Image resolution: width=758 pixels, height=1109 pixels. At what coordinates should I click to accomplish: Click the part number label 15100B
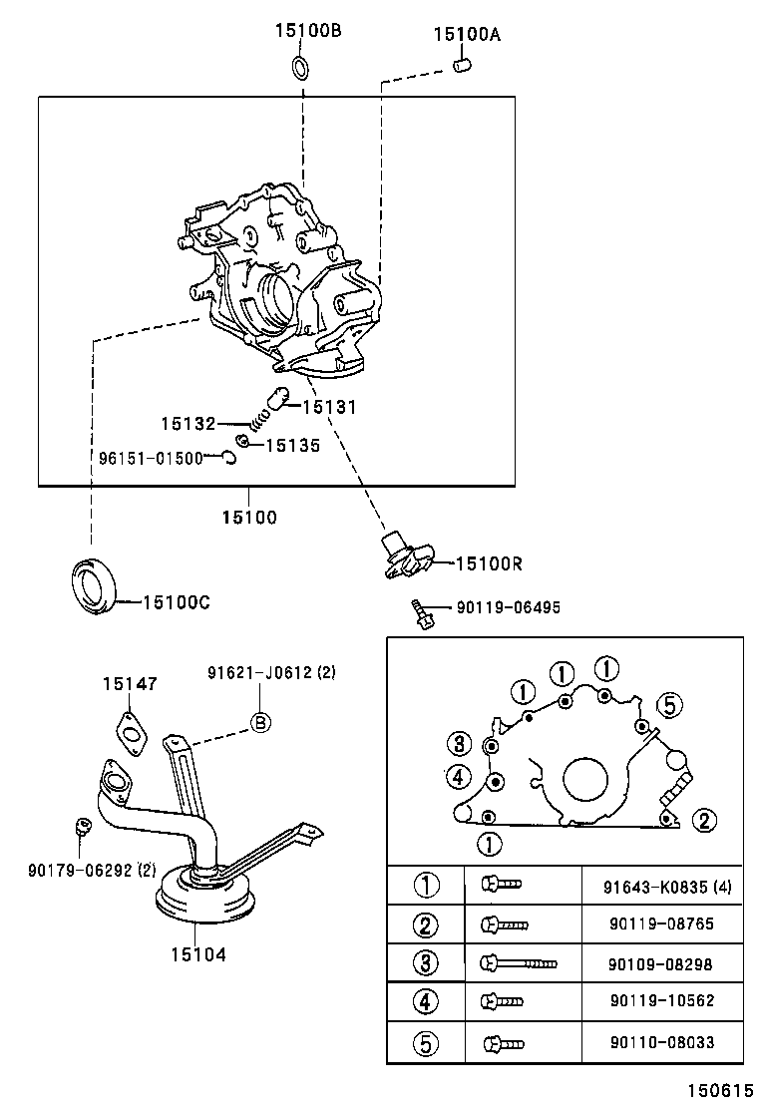tap(308, 31)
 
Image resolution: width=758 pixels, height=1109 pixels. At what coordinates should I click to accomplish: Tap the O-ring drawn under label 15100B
tap(300, 68)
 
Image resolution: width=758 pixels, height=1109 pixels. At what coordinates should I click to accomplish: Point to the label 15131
tap(328, 407)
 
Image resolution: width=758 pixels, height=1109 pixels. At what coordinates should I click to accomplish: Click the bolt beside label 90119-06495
tap(421, 613)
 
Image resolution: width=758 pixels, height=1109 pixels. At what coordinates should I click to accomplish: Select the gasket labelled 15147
tap(130, 730)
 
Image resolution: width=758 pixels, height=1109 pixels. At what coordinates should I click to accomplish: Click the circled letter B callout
tap(259, 723)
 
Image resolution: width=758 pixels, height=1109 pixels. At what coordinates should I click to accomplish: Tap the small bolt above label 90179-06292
tap(84, 825)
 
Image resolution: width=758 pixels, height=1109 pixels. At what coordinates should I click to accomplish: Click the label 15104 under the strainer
tap(198, 954)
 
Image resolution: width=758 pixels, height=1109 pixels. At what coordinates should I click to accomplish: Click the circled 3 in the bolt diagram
tap(458, 743)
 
